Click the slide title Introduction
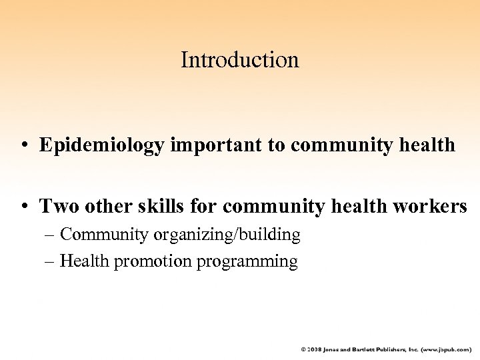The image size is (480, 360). pyautogui.click(x=240, y=61)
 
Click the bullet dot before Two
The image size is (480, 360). pyautogui.click(x=25, y=207)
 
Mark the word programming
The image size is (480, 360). pyautogui.click(x=247, y=261)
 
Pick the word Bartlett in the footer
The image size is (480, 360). pyautogui.click(x=362, y=349)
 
